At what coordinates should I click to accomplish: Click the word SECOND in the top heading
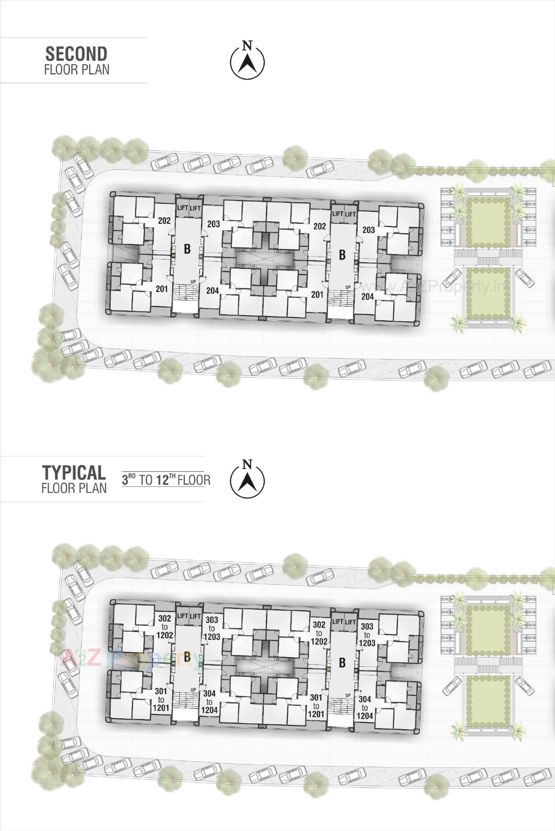click(76, 54)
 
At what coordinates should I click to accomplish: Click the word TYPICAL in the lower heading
click(74, 472)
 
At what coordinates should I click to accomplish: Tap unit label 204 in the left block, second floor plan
click(212, 291)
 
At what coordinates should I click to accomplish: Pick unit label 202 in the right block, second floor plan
click(319, 226)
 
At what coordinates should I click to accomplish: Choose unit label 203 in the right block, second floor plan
click(369, 230)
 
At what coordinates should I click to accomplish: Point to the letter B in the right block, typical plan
click(342, 663)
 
